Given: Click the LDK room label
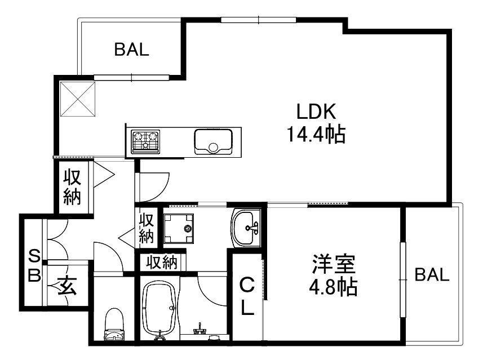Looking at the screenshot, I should point(316,112).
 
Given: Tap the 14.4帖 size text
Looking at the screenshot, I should point(316,135).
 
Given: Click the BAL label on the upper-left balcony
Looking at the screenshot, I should point(132,50).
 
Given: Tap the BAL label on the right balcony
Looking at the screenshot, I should point(432,275).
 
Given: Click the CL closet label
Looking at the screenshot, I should point(247,296).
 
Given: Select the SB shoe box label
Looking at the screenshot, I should point(34,266).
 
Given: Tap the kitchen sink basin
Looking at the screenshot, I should point(213,141).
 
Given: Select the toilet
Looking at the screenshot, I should point(114,327).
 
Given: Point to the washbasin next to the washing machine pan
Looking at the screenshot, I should point(246,228).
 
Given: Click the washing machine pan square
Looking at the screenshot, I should point(179,228).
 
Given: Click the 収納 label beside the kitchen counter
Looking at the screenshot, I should point(73,187).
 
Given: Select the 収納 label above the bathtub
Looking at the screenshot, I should point(162,263).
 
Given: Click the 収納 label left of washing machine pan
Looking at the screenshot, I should point(147,228).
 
